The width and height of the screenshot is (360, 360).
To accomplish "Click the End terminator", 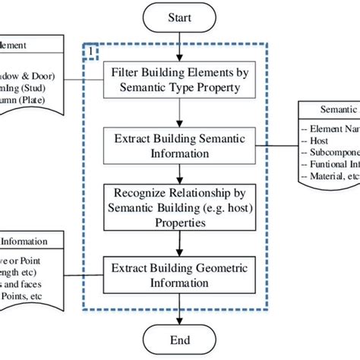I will [x=178, y=339].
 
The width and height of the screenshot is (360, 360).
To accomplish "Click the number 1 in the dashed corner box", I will [x=92, y=52].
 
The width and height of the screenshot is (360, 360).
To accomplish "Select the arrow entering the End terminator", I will [x=178, y=313].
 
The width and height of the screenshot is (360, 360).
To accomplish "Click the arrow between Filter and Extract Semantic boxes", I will [x=178, y=112].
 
